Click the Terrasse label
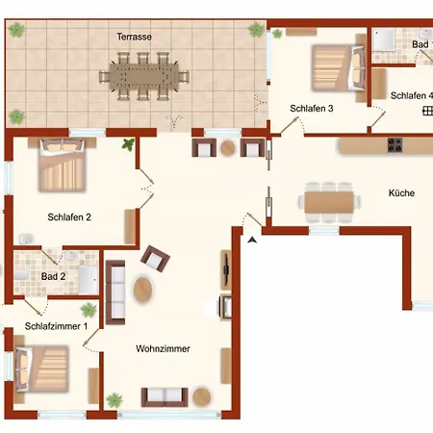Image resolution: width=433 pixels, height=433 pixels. pyautogui.click(x=135, y=37)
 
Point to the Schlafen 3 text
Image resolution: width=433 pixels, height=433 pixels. pyautogui.click(x=311, y=109)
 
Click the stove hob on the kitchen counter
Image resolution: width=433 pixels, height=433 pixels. pyautogui.click(x=395, y=146)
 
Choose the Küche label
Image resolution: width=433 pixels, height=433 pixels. pyautogui.click(x=401, y=193)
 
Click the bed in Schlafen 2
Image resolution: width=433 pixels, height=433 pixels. pyautogui.click(x=64, y=166)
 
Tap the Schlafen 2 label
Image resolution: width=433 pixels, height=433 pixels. pyautogui.click(x=69, y=217)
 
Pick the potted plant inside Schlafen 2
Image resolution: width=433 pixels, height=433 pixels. pyautogui.click(x=127, y=145)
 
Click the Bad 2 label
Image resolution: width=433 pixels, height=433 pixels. pyautogui.click(x=53, y=276)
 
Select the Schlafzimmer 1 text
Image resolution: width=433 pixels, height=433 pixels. pyautogui.click(x=56, y=326)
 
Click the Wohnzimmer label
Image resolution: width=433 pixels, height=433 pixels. pyautogui.click(x=163, y=348)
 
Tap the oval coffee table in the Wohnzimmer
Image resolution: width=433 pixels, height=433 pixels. pyautogui.click(x=142, y=289)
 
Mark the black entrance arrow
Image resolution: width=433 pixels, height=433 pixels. pyautogui.click(x=253, y=239)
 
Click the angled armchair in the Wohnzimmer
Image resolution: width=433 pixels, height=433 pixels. pyautogui.click(x=154, y=257)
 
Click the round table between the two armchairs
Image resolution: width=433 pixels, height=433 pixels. pyautogui.click(x=227, y=148)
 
